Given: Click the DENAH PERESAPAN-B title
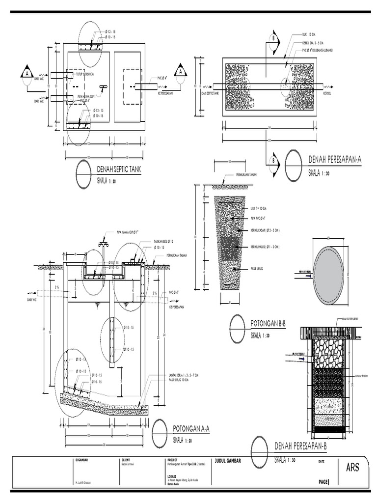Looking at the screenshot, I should pyautogui.click(x=300, y=446).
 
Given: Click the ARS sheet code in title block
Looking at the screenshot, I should pyautogui.click(x=352, y=467).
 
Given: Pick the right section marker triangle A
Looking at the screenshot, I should pyautogui.click(x=181, y=71).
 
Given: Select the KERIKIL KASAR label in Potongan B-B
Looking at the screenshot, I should pyautogui.click(x=265, y=230).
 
